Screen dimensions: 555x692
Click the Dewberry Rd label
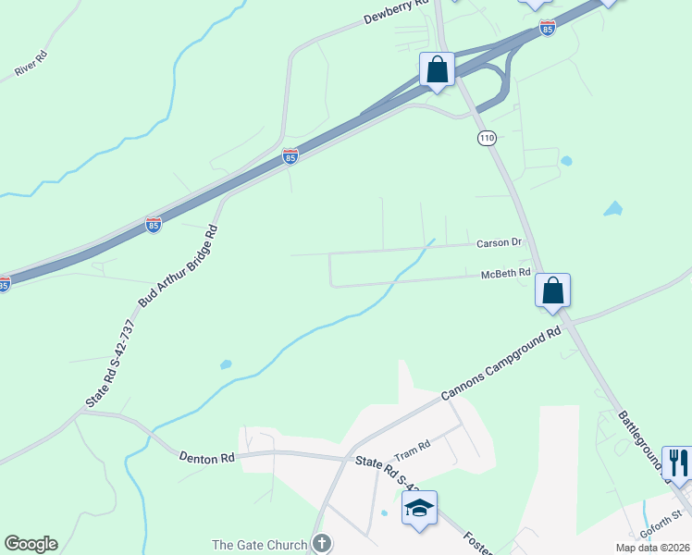point(397,11)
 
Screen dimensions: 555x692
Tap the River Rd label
point(31,69)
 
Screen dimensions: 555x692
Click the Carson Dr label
point(500,243)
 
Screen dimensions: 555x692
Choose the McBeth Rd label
point(505,274)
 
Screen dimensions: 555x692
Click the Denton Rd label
point(209,458)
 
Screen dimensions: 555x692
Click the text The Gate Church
point(260,544)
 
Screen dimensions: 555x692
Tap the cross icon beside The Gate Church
point(321,543)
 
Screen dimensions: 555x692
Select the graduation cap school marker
point(419,508)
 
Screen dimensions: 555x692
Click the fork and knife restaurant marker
point(678,463)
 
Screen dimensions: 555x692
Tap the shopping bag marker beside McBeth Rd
point(552,290)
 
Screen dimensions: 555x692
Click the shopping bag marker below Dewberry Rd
point(437,69)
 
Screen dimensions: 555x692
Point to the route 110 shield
point(488,138)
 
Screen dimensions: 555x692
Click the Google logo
point(31,544)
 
